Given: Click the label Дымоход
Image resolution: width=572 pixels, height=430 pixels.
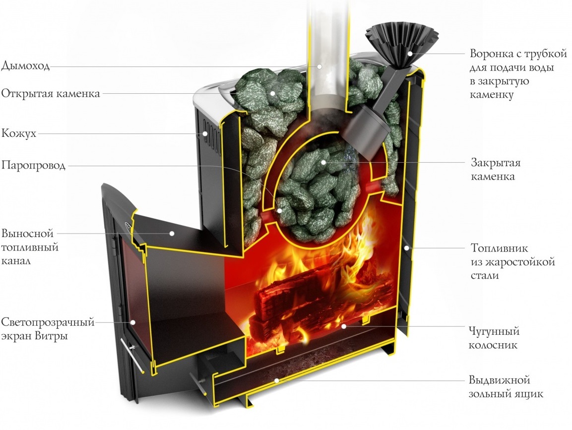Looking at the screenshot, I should click(x=25, y=66).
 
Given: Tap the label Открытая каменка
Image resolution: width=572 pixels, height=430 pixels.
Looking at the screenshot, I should click(x=51, y=94).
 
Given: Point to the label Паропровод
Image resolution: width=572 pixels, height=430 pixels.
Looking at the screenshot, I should click(x=33, y=166).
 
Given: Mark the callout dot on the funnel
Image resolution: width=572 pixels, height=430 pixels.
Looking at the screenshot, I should click(x=410, y=53).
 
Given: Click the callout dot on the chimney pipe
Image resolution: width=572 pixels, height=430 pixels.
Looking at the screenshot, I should click(x=319, y=65).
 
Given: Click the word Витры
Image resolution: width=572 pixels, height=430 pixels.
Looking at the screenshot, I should click(x=57, y=336).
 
